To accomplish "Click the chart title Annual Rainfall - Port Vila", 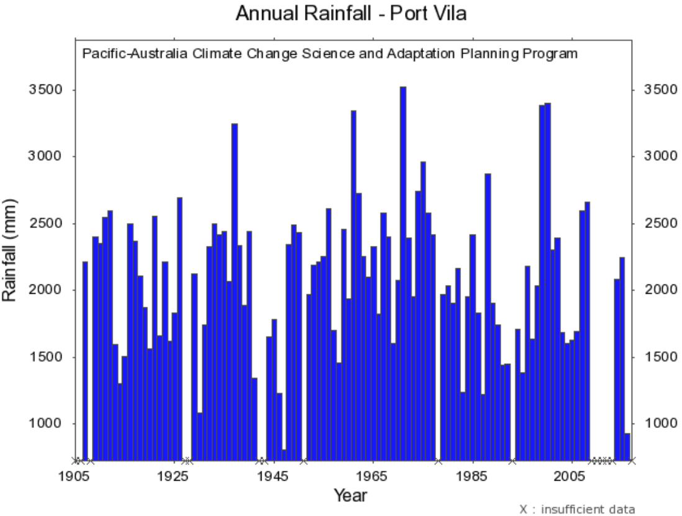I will point(351,14).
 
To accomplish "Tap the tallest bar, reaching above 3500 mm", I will point(402,273).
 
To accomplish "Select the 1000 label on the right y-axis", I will point(648,424).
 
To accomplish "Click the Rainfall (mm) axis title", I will point(11,250).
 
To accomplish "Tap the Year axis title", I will point(350,496).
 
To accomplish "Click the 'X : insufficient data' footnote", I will point(577,509).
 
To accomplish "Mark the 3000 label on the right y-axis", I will point(648,156).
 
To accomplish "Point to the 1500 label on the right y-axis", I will point(648,357).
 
